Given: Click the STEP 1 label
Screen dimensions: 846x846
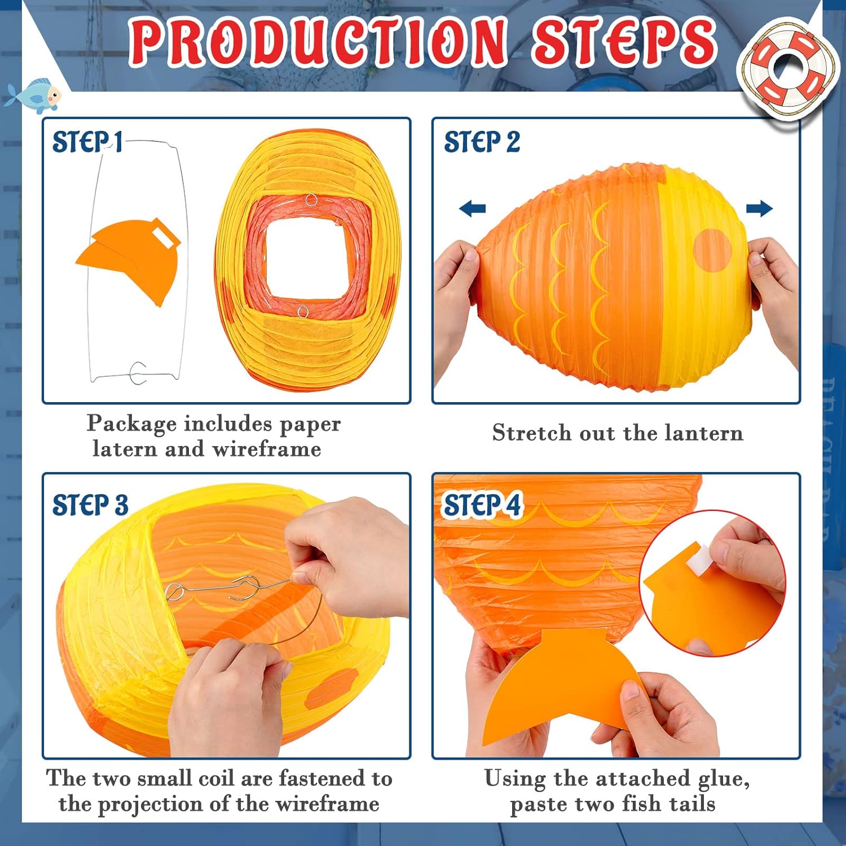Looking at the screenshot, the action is pos(87,142).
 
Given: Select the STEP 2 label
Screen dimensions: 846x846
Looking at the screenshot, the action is pos(482,142).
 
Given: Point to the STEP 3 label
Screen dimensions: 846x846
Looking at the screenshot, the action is pos(90,505).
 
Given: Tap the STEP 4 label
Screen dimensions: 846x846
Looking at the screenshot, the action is pos(483,505).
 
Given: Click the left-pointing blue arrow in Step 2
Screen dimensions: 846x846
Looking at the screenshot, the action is pos(473,209).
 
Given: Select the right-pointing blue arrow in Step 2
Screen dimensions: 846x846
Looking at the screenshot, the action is pos(759,209).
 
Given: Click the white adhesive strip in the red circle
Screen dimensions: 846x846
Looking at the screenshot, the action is pos(698,559).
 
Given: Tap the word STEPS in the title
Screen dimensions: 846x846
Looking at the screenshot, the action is pos(623,41).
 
